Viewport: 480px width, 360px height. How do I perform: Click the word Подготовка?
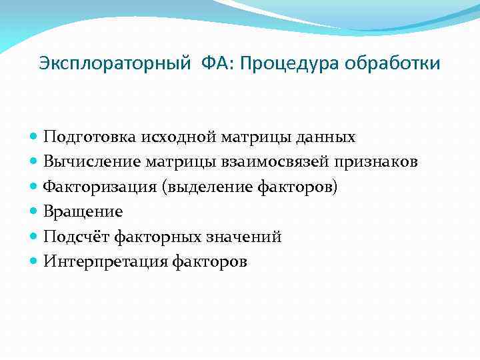pyautogui.click(x=89, y=137)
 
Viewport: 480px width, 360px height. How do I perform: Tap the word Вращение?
pyautogui.click(x=83, y=212)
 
